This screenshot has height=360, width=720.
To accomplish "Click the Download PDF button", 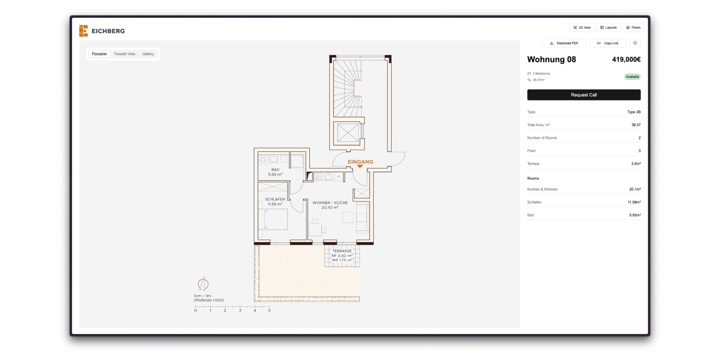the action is click(x=564, y=43).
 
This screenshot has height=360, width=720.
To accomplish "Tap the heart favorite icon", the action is click(x=635, y=43).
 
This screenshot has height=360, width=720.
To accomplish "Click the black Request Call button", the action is click(x=584, y=95).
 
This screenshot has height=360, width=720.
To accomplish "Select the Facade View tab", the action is click(x=124, y=54).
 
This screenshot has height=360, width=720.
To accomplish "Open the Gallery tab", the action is click(x=148, y=54).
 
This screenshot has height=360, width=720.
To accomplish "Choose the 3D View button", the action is click(x=582, y=27).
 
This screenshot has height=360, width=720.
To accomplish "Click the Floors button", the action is click(x=633, y=27).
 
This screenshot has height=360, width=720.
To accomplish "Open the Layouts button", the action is click(x=608, y=27).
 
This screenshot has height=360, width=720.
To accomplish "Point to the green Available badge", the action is click(x=632, y=77).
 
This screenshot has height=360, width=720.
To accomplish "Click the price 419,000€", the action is click(x=626, y=59).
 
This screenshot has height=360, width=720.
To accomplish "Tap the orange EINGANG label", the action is click(x=360, y=162).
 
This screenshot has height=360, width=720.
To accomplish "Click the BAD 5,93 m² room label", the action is click(x=275, y=172).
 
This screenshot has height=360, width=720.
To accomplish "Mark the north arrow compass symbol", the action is click(x=203, y=284).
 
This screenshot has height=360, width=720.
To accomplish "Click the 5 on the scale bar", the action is click(x=269, y=310).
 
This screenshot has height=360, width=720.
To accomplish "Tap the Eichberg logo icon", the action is click(x=83, y=31).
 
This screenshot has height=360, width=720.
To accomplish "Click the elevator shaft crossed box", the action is click(x=348, y=133).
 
